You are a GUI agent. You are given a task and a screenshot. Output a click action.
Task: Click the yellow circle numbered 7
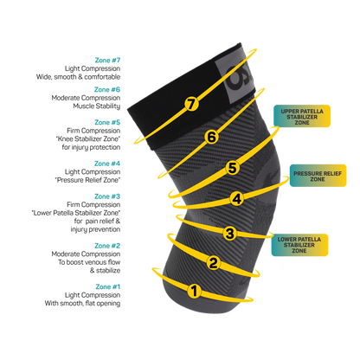click(191, 104)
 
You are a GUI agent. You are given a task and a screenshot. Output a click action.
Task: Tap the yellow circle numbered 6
click(210, 137)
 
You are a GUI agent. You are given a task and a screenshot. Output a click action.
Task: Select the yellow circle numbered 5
click(232, 167)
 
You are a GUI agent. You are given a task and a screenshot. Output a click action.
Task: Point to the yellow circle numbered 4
click(237, 198)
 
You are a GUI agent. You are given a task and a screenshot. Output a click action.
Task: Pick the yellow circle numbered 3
click(229, 232)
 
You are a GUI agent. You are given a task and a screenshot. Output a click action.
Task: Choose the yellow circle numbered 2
click(213, 262)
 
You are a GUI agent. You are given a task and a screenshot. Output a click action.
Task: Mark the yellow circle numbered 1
click(195, 291)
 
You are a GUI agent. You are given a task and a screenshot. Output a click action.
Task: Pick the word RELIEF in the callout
click(329, 173)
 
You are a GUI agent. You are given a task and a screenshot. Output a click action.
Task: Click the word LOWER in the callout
click(287, 235)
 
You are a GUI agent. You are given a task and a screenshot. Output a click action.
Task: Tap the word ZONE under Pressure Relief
click(317, 180)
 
